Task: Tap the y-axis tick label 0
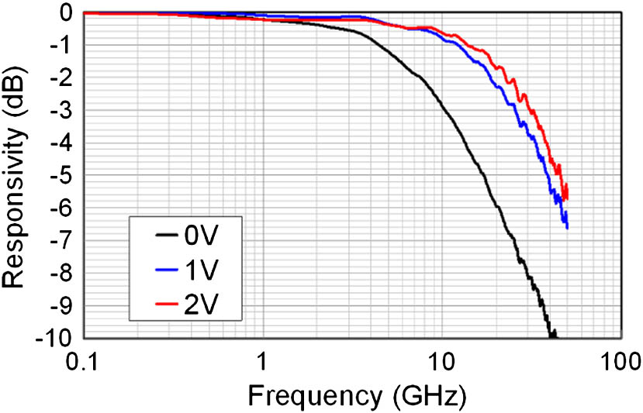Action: tap(67, 13)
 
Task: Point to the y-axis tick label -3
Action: tap(61, 112)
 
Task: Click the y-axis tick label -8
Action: tap(61, 275)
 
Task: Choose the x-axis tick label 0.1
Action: tap(84, 361)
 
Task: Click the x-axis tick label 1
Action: tap(263, 361)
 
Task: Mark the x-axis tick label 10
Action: tap(441, 361)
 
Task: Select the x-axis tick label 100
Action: tap(619, 361)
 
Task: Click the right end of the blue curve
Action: tap(567, 227)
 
